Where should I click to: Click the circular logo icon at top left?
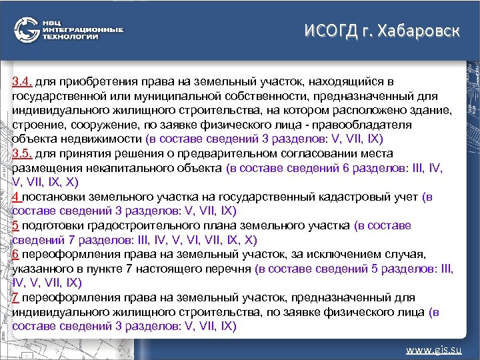[27, 31]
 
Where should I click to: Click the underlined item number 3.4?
[22, 81]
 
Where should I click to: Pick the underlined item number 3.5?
[22, 153]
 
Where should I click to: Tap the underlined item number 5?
[16, 225]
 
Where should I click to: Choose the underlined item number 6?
[16, 255]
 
